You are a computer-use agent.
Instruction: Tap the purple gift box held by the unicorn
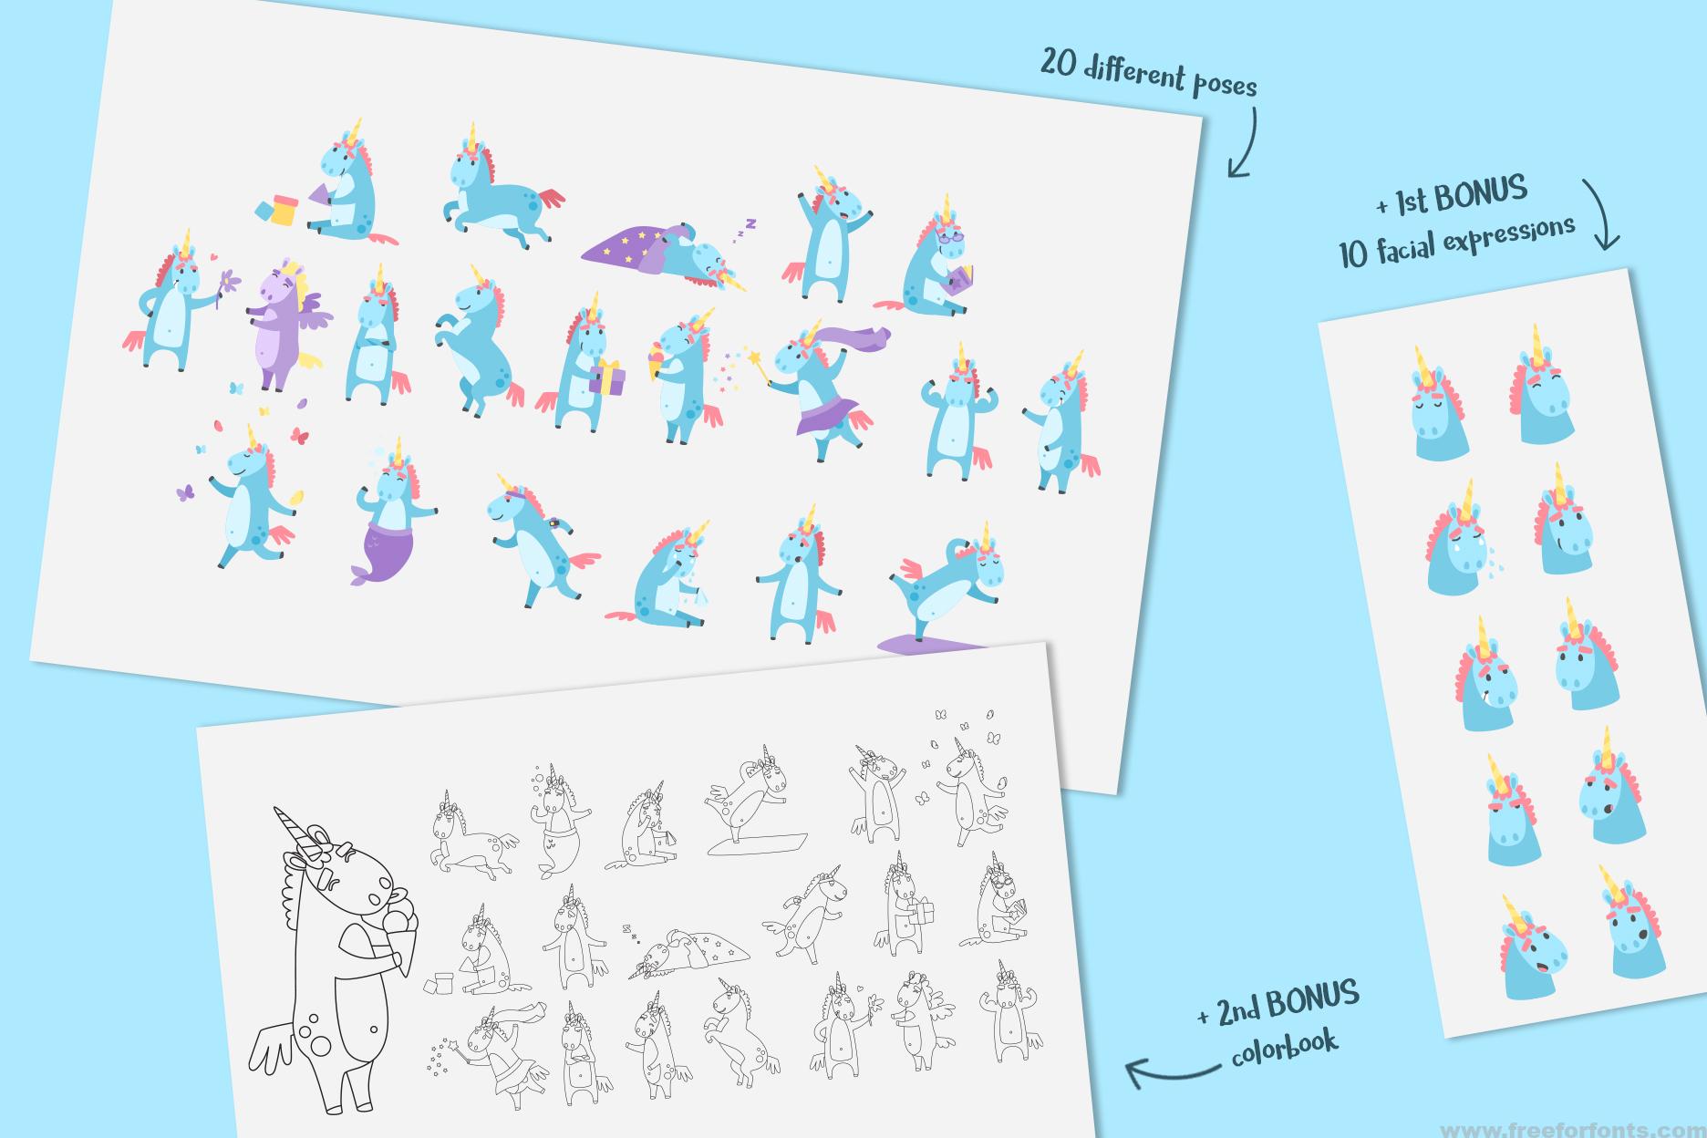point(606,378)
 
